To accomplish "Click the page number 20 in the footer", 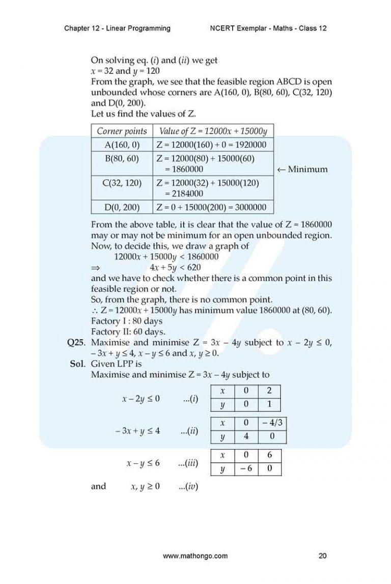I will (322, 556).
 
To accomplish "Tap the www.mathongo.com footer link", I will (195, 556).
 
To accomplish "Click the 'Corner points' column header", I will (122, 131).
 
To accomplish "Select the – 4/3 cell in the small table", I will (272, 423).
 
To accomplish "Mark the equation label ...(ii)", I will (189, 431).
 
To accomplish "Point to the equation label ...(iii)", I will (188, 463).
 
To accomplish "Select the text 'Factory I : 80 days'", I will (126, 321).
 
